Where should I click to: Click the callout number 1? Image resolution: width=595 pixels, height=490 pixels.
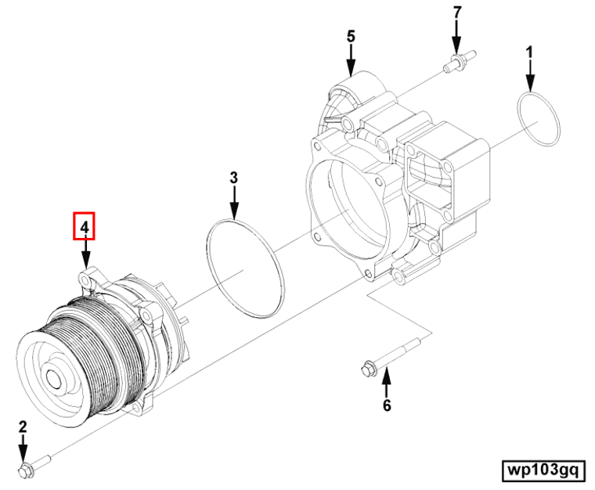pos(529,52)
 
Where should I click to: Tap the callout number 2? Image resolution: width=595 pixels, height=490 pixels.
pos(23,427)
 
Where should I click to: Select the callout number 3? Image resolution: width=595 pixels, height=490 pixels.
pos(233,178)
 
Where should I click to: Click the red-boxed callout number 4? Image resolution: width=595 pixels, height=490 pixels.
pos(84,227)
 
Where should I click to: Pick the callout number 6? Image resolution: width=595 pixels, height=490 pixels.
pos(386,405)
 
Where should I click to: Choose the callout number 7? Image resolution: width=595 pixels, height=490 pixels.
pos(456,13)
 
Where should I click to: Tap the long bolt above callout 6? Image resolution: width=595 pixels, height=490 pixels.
pos(391,358)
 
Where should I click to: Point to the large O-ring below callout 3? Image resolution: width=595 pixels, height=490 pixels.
pos(244,268)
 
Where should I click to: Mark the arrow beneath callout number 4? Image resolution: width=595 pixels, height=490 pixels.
pos(85,255)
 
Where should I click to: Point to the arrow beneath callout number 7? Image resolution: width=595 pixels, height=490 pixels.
pos(456,37)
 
